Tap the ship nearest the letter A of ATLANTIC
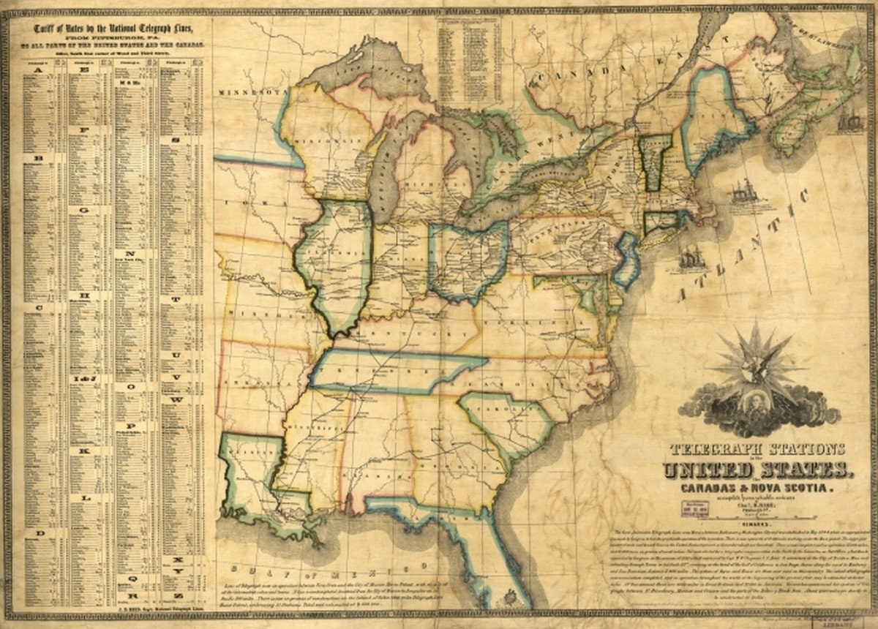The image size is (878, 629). (x=691, y=260)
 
